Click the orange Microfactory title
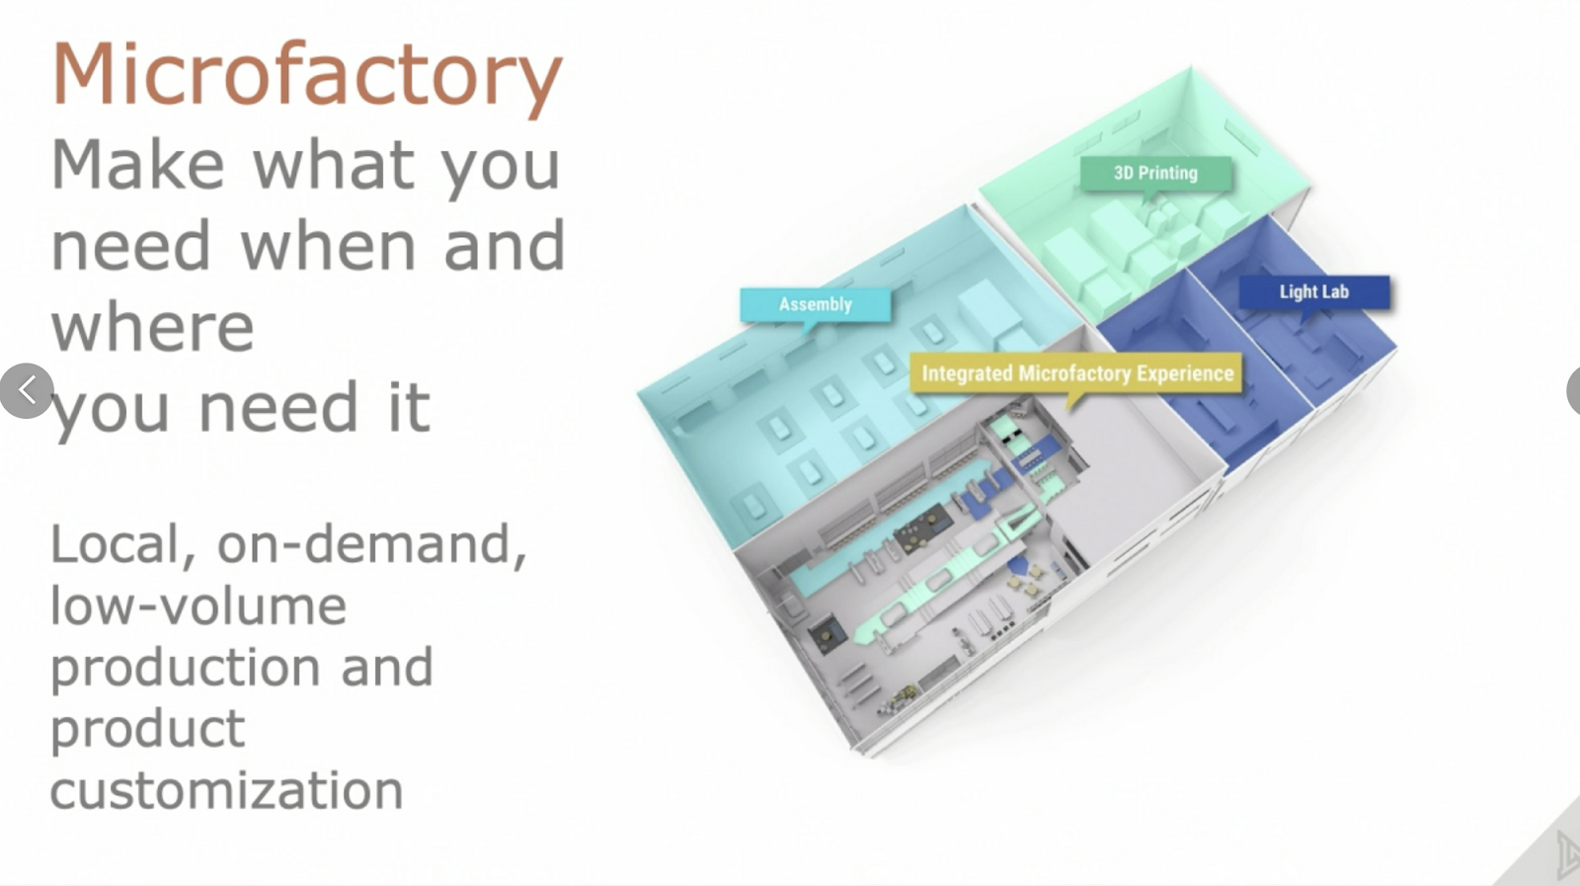307,78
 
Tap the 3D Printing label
1156,174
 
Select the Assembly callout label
816,305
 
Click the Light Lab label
1314,292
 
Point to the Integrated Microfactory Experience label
1077,373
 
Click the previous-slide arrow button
27,391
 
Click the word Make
137,164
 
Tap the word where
152,327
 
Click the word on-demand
371,544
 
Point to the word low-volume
198,605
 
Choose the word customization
226,790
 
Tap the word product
148,730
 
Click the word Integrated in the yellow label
967,373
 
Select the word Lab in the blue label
1333,292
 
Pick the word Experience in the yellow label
1186,374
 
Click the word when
328,246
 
